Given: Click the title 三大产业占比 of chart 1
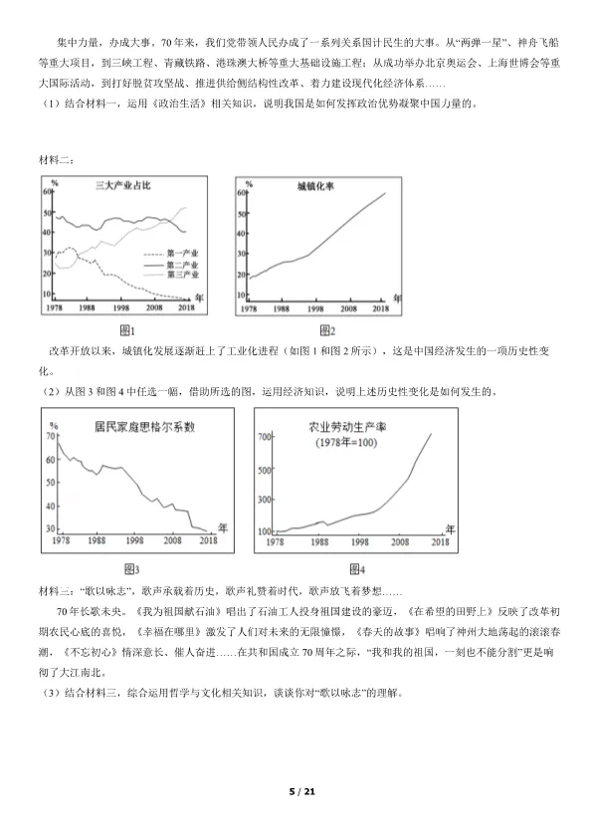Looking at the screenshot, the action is [x=121, y=186].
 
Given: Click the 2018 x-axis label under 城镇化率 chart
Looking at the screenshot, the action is [x=379, y=311].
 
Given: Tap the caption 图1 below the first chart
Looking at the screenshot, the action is [x=127, y=330].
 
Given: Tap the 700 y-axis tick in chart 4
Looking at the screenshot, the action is [x=266, y=436].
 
